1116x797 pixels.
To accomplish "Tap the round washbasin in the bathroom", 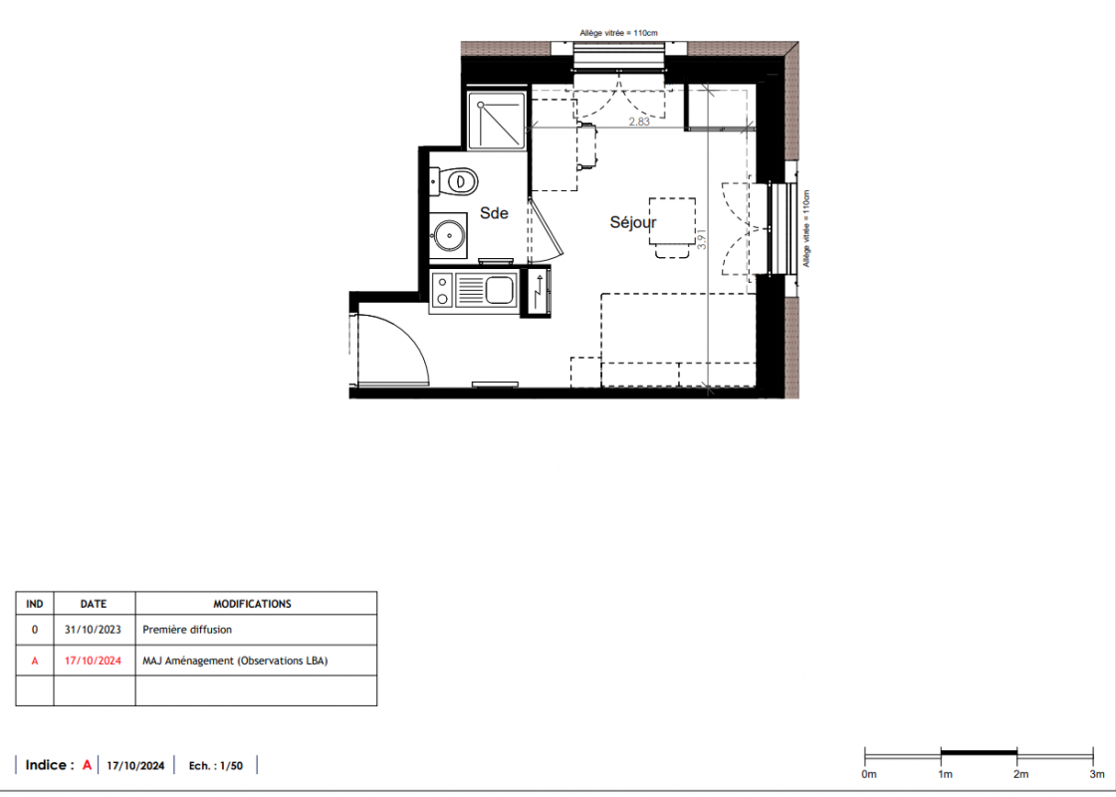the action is tap(449, 235).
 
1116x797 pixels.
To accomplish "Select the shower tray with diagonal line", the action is tap(497, 121).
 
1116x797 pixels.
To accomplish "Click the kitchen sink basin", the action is tap(500, 289).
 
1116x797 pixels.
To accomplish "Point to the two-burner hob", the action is tap(442, 290).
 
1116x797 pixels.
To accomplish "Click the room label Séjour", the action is tap(633, 223).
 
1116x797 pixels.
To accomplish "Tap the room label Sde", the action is tap(494, 213).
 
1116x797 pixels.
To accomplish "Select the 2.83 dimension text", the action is tap(639, 122).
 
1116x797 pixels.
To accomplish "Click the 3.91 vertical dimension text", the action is tap(701, 238).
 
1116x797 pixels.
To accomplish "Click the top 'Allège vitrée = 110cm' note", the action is tap(618, 33).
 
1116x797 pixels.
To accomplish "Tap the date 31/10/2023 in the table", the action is tap(93, 630).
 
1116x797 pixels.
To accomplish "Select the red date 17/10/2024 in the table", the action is tap(93, 661).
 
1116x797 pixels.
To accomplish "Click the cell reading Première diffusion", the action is tap(187, 630).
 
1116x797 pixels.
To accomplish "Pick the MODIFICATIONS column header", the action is tap(253, 604).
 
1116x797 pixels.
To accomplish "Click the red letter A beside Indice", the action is tap(87, 765).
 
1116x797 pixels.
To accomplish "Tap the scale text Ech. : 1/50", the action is tap(216, 766).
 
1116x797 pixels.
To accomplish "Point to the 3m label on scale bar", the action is tap(1097, 774).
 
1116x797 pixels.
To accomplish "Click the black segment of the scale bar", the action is tap(979, 752).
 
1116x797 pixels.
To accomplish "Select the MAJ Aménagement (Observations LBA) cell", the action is tap(235, 661).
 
